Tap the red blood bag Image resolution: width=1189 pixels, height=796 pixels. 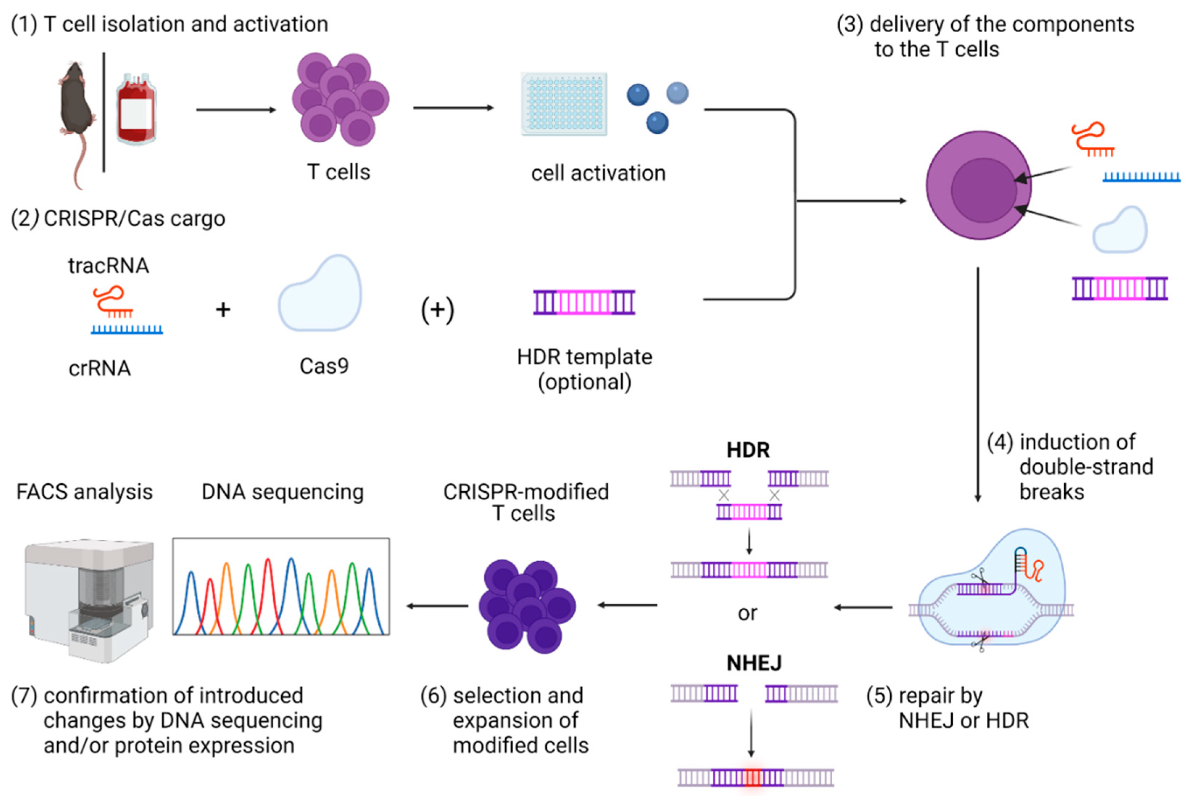point(136,109)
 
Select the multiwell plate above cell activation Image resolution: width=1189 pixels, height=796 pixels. point(564,104)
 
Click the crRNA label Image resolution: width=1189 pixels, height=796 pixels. point(100,368)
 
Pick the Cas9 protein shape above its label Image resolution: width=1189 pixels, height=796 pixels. point(320,295)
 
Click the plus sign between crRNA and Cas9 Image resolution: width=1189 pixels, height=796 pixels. point(223,309)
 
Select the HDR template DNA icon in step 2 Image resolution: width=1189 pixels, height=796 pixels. point(584,303)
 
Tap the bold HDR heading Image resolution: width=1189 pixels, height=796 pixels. point(748,450)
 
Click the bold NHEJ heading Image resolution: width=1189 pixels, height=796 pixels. point(754,663)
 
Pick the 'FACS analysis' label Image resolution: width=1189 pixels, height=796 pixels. point(84,491)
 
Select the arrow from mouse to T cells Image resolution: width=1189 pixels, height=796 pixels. point(236,110)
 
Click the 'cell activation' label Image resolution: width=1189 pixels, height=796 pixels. point(598,173)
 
